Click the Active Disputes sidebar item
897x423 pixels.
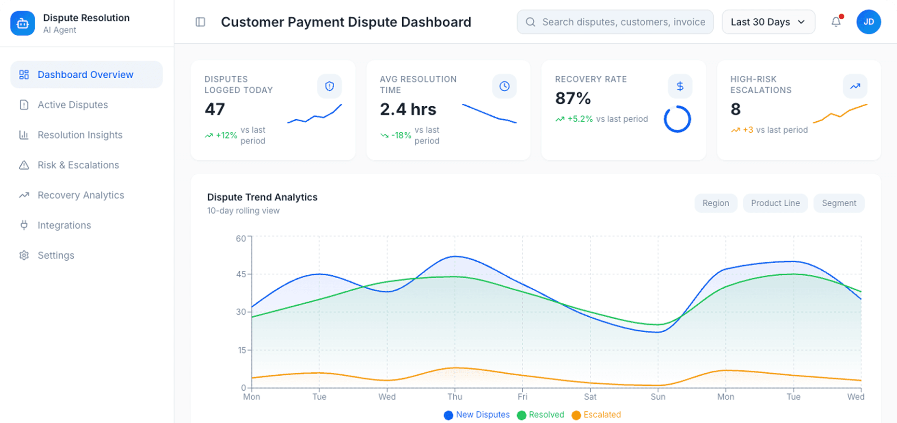pos(72,105)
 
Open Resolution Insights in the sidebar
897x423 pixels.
pos(80,135)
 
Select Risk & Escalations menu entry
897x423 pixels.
pos(78,165)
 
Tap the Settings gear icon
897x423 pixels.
pos(24,255)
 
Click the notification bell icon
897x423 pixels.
pos(836,22)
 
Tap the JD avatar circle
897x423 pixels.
pos(869,22)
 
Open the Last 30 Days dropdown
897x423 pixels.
pos(768,22)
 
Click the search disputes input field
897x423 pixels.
pos(622,22)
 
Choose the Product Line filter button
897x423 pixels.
pos(775,203)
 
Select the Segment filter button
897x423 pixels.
pos(839,203)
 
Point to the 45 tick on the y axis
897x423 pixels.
pos(241,274)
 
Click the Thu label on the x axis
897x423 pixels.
pos(454,397)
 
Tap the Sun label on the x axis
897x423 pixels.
pos(658,397)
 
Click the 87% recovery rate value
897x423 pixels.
pos(572,99)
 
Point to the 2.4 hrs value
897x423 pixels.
pos(408,110)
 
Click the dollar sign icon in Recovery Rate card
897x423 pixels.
pos(680,86)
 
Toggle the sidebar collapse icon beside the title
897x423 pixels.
pos(200,22)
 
